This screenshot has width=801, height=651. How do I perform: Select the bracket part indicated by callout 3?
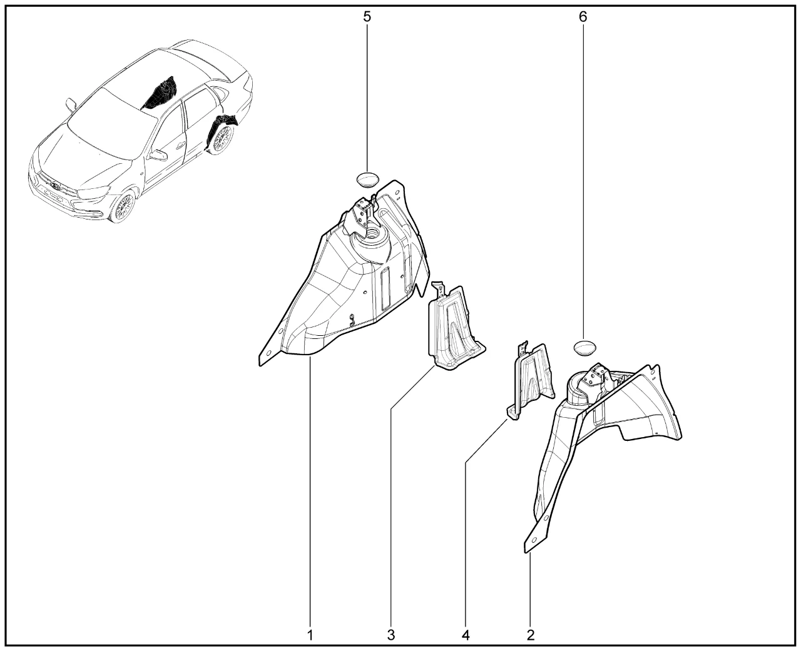tap(455, 327)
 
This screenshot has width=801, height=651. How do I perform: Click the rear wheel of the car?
tap(222, 138)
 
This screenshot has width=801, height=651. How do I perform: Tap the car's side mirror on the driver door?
tap(158, 155)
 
